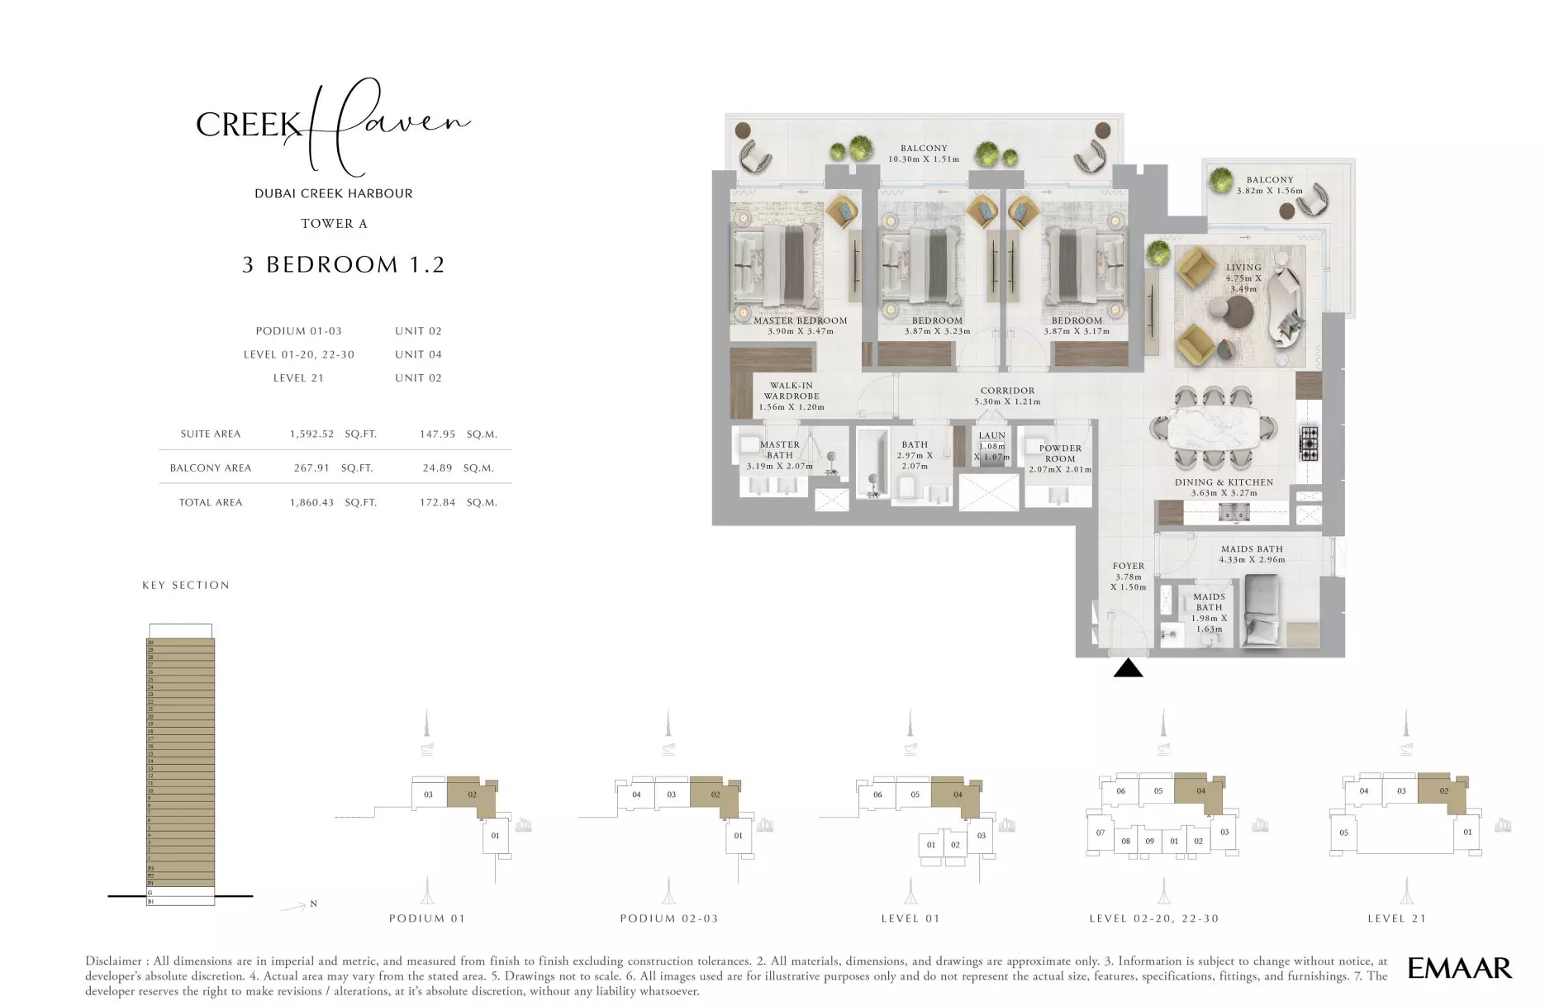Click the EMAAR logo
point(1459,968)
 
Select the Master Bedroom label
point(800,320)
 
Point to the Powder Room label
point(1060,453)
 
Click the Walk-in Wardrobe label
point(792,391)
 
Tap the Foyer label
point(1128,567)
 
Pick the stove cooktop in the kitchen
point(1309,443)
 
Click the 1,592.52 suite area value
point(311,434)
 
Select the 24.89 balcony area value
point(437,468)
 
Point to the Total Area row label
point(211,502)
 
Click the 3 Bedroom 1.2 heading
point(343,265)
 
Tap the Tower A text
point(334,224)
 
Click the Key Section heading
point(186,586)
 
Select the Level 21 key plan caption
point(1396,918)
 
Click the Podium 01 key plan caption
point(427,918)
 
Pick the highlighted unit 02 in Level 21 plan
point(1443,791)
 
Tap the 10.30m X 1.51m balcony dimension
point(924,159)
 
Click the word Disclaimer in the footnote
point(112,961)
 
